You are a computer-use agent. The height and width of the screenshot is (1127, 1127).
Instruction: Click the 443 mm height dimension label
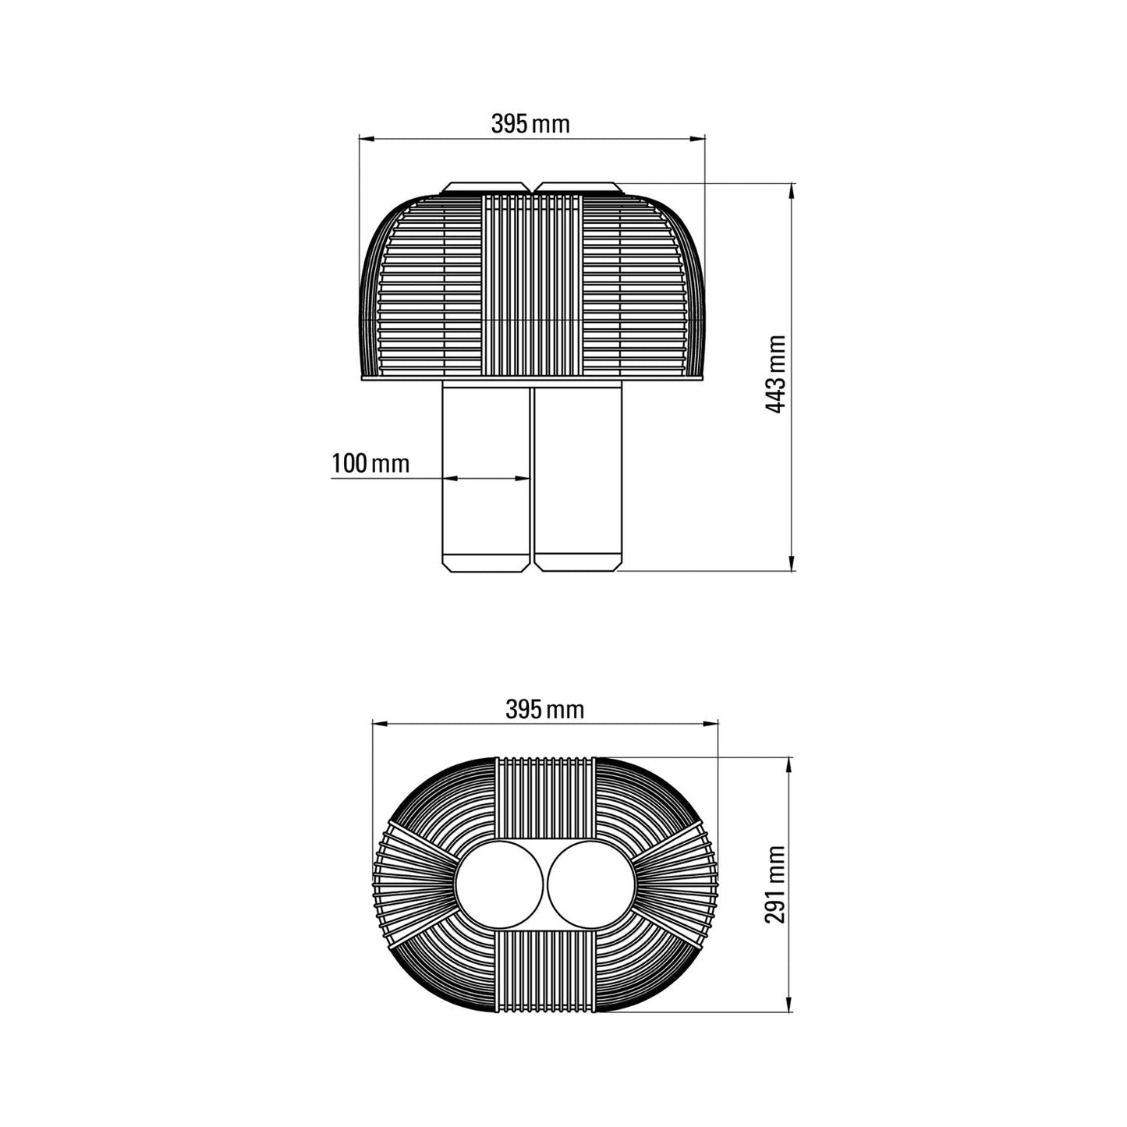(x=776, y=374)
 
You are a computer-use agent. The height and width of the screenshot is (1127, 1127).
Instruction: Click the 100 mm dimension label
(x=370, y=463)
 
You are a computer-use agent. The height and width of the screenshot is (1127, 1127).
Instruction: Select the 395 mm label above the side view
(x=530, y=124)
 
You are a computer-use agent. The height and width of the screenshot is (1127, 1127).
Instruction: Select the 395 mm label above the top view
(x=544, y=710)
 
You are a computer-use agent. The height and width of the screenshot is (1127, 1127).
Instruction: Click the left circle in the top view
(x=499, y=884)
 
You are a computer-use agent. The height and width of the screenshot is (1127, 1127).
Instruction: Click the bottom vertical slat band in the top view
(x=545, y=971)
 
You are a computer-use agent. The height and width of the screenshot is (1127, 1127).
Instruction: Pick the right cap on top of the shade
(x=578, y=188)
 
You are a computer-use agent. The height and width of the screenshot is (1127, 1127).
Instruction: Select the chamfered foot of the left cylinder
(x=486, y=562)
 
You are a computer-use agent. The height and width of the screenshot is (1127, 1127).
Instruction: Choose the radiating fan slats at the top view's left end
(x=413, y=884)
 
